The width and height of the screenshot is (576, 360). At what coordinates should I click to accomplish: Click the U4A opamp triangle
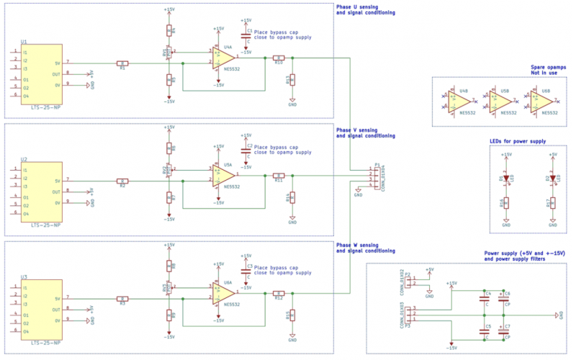click(x=223, y=57)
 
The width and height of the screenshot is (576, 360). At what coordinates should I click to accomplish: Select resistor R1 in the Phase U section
click(x=123, y=63)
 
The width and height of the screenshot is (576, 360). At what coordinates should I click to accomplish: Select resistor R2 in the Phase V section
click(x=123, y=181)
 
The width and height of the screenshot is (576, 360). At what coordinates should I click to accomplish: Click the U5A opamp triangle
click(x=223, y=175)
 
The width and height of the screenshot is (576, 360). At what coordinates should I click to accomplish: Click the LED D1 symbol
click(x=506, y=178)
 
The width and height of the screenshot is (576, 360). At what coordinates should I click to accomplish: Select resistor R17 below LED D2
click(x=552, y=204)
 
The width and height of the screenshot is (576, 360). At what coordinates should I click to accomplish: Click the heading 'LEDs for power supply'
click(x=517, y=141)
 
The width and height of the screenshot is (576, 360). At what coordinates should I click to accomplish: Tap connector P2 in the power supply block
click(x=408, y=282)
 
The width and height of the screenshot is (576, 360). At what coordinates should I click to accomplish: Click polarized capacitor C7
click(x=503, y=332)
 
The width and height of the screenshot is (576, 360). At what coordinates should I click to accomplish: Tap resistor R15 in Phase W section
click(x=292, y=315)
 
